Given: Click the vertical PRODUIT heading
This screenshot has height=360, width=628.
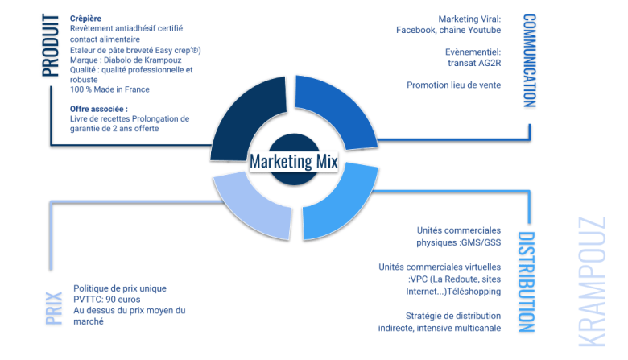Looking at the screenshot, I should tap(50, 45).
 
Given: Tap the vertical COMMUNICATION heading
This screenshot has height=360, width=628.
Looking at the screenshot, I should tap(529, 60).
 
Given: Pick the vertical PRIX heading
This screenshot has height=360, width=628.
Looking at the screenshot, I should tap(54, 309).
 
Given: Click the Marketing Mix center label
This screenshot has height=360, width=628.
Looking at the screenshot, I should tap(293, 161).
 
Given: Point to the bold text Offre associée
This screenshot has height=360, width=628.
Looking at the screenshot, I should tap(99, 108).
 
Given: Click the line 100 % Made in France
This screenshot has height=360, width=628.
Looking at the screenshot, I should tap(109, 89).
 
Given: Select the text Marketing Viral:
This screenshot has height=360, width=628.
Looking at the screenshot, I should tap(469, 19).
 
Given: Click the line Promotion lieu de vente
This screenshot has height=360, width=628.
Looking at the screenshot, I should tap(453, 85).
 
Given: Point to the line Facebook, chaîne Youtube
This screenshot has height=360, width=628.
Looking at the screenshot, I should tap(448, 30).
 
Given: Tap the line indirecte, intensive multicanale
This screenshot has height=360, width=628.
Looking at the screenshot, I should tap(439, 328).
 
